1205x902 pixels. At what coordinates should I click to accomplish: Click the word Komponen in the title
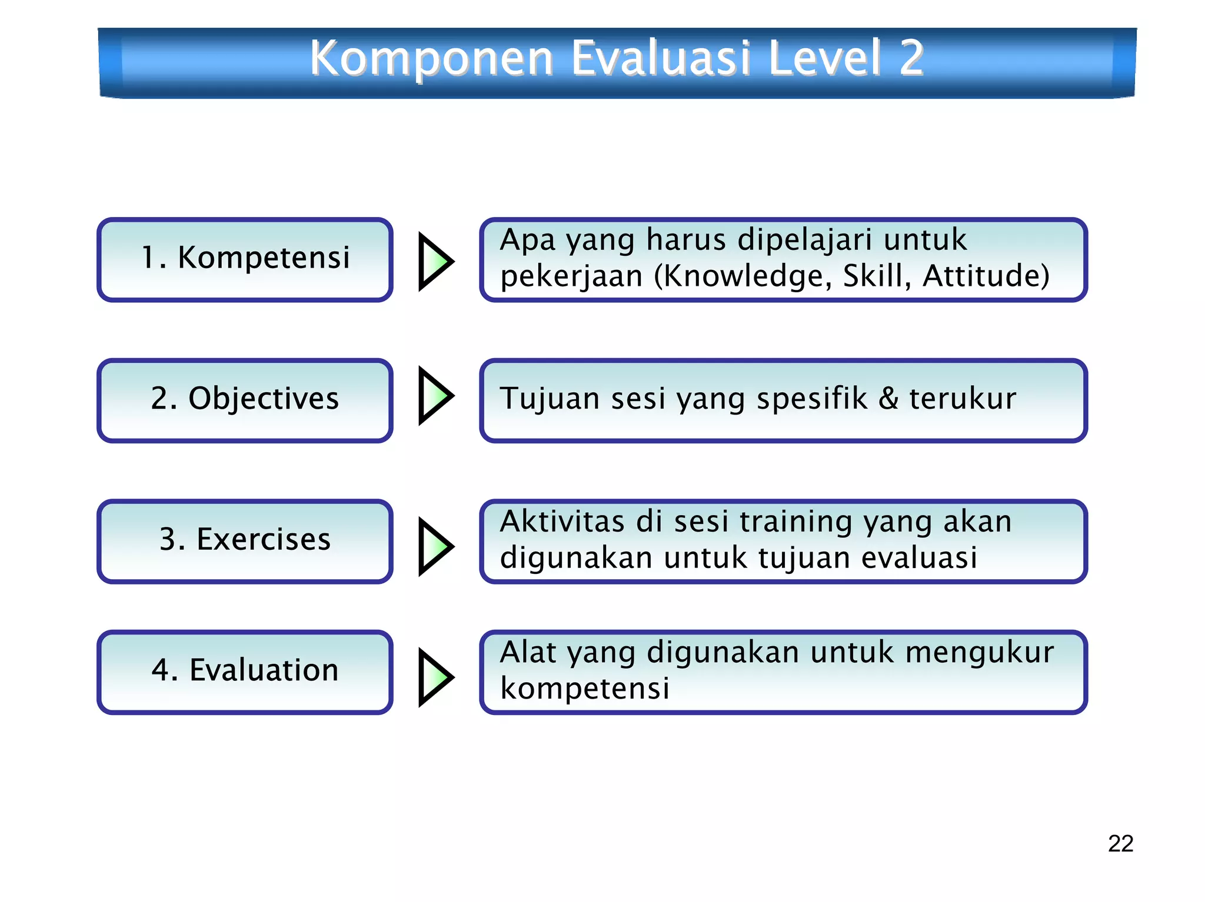(x=431, y=58)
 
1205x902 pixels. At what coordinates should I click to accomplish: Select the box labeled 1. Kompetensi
(x=245, y=259)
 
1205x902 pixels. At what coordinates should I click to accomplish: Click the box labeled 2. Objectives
(x=245, y=400)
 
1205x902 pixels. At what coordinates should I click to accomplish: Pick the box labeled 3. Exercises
(x=245, y=541)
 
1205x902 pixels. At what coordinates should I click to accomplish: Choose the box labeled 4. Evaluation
(x=245, y=672)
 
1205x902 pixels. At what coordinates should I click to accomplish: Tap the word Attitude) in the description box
(x=986, y=276)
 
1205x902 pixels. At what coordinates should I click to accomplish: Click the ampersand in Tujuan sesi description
(x=888, y=399)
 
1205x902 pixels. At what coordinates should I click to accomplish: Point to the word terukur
(x=963, y=399)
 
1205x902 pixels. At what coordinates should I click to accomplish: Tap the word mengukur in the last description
(x=979, y=653)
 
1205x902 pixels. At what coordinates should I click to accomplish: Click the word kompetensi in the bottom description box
(x=584, y=688)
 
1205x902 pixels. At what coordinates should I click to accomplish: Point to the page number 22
(x=1120, y=843)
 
